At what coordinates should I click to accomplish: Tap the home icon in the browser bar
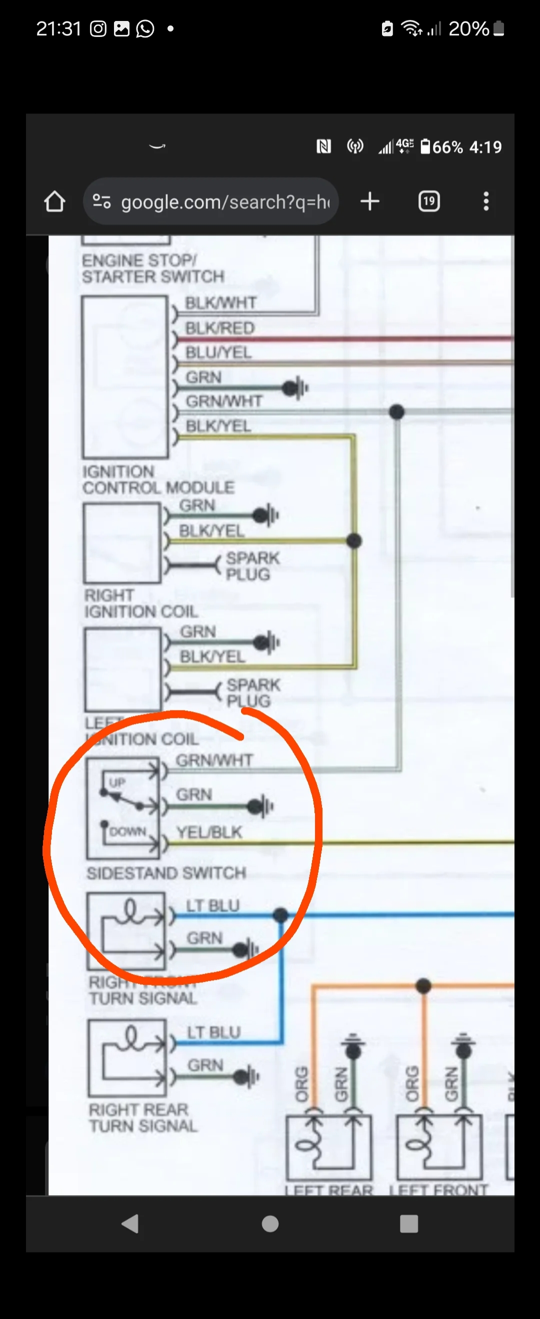pyautogui.click(x=54, y=201)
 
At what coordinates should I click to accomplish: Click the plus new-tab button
pyautogui.click(x=369, y=201)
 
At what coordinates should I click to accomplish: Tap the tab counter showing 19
pyautogui.click(x=429, y=201)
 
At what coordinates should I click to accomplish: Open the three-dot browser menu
pyautogui.click(x=485, y=201)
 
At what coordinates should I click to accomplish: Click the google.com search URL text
pyautogui.click(x=225, y=202)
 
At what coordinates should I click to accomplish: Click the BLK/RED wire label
pyautogui.click(x=220, y=328)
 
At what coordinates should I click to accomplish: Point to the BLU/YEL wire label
pyautogui.click(x=218, y=352)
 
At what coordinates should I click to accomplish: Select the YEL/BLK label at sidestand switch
pyautogui.click(x=209, y=832)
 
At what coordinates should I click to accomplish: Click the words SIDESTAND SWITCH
pyautogui.click(x=166, y=872)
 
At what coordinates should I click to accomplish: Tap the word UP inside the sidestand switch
pyautogui.click(x=117, y=782)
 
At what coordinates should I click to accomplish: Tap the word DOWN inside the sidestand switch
pyautogui.click(x=127, y=831)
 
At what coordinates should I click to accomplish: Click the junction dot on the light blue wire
pyautogui.click(x=280, y=914)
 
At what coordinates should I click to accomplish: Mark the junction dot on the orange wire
pyautogui.click(x=423, y=985)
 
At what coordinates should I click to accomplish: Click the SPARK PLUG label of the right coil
pyautogui.click(x=253, y=566)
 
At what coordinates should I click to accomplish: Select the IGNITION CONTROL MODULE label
pyautogui.click(x=158, y=479)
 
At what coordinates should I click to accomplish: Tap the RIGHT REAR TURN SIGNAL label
pyautogui.click(x=143, y=1118)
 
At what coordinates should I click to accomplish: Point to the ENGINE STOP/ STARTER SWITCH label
pyautogui.click(x=152, y=268)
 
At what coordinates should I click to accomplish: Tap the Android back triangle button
pyautogui.click(x=130, y=1223)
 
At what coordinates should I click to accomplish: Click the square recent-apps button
pyautogui.click(x=408, y=1223)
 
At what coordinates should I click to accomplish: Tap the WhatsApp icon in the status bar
pyautogui.click(x=145, y=28)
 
